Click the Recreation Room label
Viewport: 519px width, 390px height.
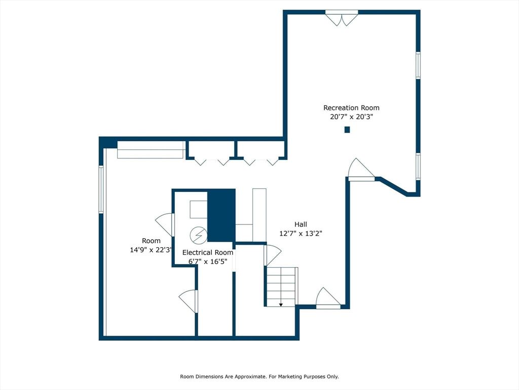pos(351,108)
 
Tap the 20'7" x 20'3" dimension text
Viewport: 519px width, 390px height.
pos(351,117)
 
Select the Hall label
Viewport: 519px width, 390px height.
pos(301,224)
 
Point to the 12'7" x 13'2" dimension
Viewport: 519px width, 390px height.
pos(301,234)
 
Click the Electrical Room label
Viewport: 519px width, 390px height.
pos(207,252)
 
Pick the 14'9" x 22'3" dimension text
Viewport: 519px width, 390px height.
pos(151,250)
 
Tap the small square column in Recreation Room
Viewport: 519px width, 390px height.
pos(347,129)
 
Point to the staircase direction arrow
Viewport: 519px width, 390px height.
pos(281,304)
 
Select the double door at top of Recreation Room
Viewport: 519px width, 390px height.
pos(342,18)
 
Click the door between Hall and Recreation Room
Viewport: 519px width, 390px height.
pos(361,170)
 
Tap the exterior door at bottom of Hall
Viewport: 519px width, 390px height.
pos(328,298)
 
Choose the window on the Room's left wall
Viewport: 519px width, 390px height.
pos(101,189)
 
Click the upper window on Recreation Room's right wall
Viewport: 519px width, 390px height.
pos(418,66)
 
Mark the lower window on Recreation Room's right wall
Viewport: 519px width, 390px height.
pos(418,167)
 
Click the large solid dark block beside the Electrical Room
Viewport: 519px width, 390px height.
pos(221,215)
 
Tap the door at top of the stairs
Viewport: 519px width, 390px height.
pos(272,255)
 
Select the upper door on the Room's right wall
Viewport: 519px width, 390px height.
pos(165,224)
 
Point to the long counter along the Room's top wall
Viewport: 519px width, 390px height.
pos(151,150)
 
